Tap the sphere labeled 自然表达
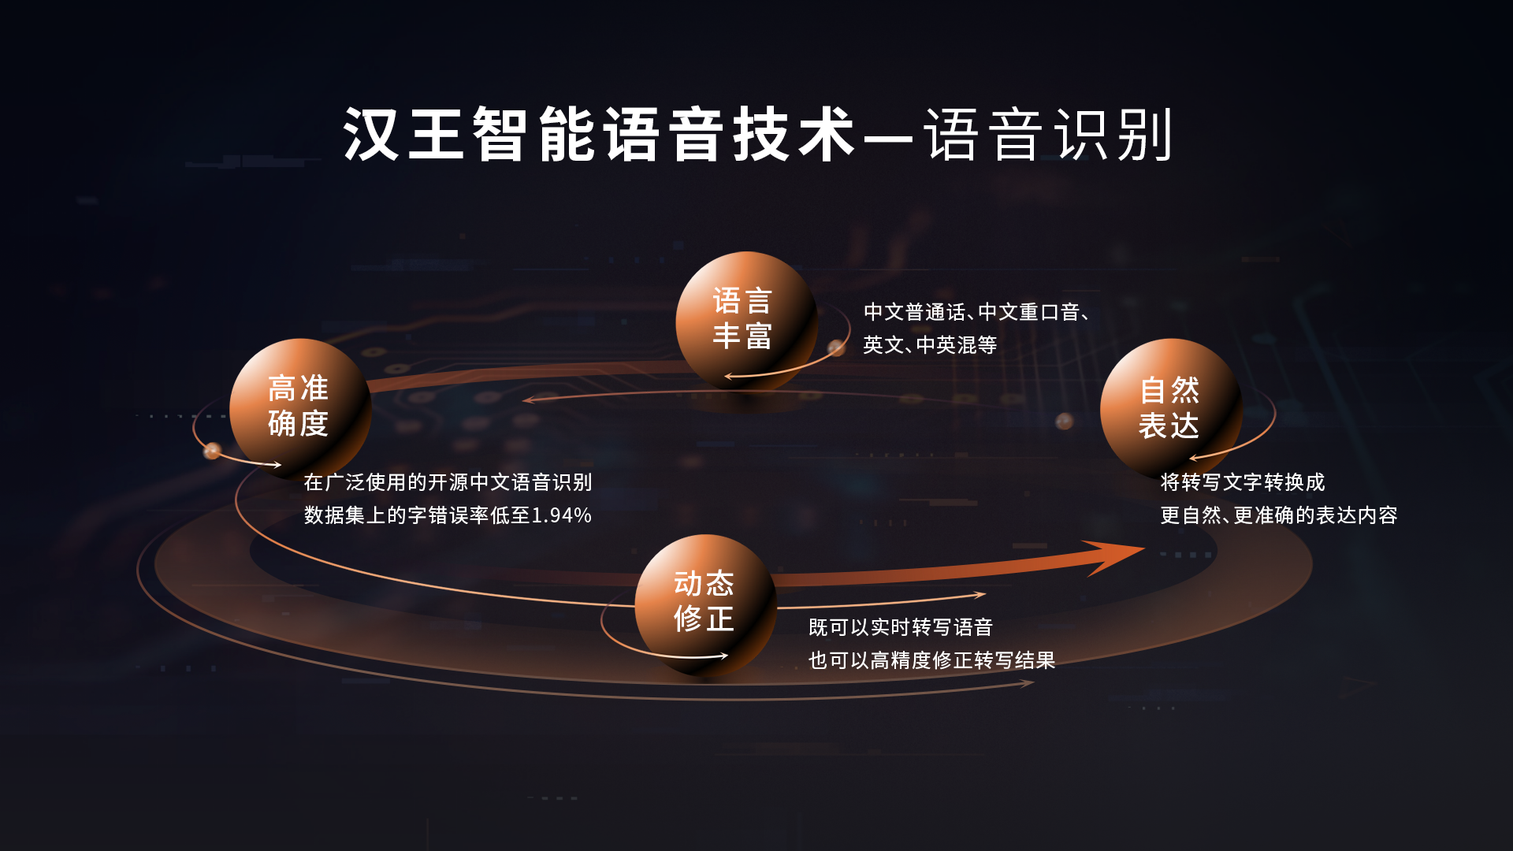pos(1170,408)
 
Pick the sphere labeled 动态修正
pos(704,603)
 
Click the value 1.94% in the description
pos(562,515)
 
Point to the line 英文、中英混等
pos(930,345)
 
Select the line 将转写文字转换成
pos(1242,482)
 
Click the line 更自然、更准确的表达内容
pos(1278,515)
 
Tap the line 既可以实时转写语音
pos(900,627)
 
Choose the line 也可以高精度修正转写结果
pos(931,660)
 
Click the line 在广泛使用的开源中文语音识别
pos(448,482)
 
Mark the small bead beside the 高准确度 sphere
pos(212,451)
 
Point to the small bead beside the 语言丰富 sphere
pos(836,347)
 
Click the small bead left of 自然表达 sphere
pos(1064,421)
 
